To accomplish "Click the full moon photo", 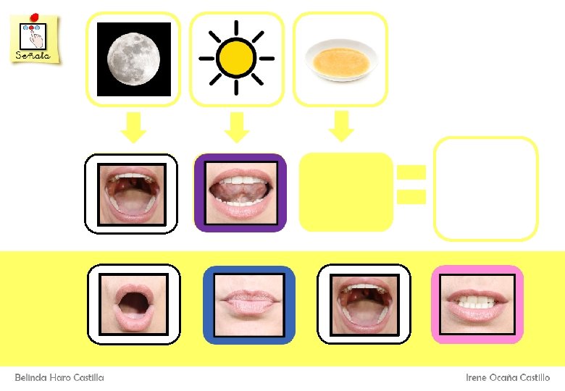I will pos(133,59).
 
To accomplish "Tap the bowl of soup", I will pos(340,59).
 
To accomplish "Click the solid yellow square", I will pos(346,192).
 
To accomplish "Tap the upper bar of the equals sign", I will pos(411,172).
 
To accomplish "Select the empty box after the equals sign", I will pos(485,188).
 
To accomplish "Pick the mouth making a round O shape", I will pos(134,303).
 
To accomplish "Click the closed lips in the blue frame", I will pos(248,304).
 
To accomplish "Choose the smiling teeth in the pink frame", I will pos(477,304).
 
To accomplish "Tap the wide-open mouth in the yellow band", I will pos(364,304).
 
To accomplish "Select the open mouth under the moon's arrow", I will pos(130,193).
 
